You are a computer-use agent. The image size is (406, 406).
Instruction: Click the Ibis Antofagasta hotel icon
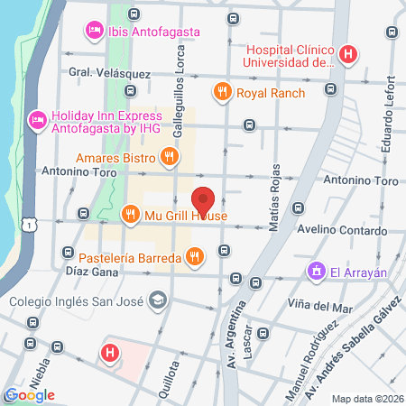coord(94,32)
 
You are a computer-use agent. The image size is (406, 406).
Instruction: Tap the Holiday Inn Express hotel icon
coord(37,118)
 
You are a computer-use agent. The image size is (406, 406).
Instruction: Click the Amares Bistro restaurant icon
coord(168,158)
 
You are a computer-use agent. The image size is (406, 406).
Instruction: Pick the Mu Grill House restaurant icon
coord(130,215)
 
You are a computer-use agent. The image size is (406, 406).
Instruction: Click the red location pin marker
coord(204,200)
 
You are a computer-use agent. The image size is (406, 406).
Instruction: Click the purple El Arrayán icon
coord(316,270)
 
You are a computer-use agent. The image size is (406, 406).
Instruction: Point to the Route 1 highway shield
coord(32,223)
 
